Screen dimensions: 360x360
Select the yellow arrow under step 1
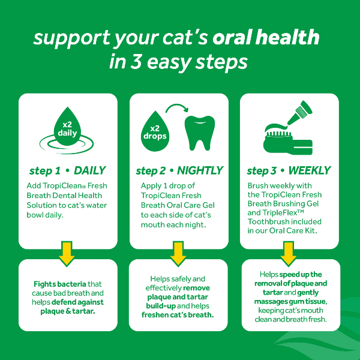[67, 253]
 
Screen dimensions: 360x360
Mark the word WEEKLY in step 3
[309, 170]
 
